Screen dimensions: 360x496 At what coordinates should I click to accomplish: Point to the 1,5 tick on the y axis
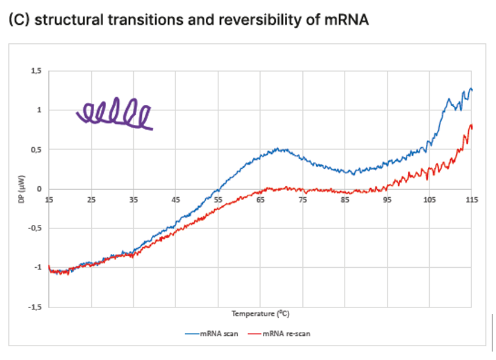(37, 71)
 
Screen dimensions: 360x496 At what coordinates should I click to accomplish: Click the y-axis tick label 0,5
(37, 150)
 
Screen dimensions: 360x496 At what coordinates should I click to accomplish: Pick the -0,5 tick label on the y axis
(36, 228)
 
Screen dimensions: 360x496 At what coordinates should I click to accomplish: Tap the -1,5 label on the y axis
(36, 307)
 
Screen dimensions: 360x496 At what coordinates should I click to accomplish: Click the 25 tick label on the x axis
(91, 199)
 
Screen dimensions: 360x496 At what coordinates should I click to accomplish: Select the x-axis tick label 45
(176, 199)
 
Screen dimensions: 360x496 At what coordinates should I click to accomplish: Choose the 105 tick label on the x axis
(429, 199)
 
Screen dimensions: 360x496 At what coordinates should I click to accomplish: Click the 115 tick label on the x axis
(472, 199)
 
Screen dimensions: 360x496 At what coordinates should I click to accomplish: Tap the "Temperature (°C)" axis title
(260, 314)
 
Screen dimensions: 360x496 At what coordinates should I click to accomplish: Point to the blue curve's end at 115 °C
(471, 90)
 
